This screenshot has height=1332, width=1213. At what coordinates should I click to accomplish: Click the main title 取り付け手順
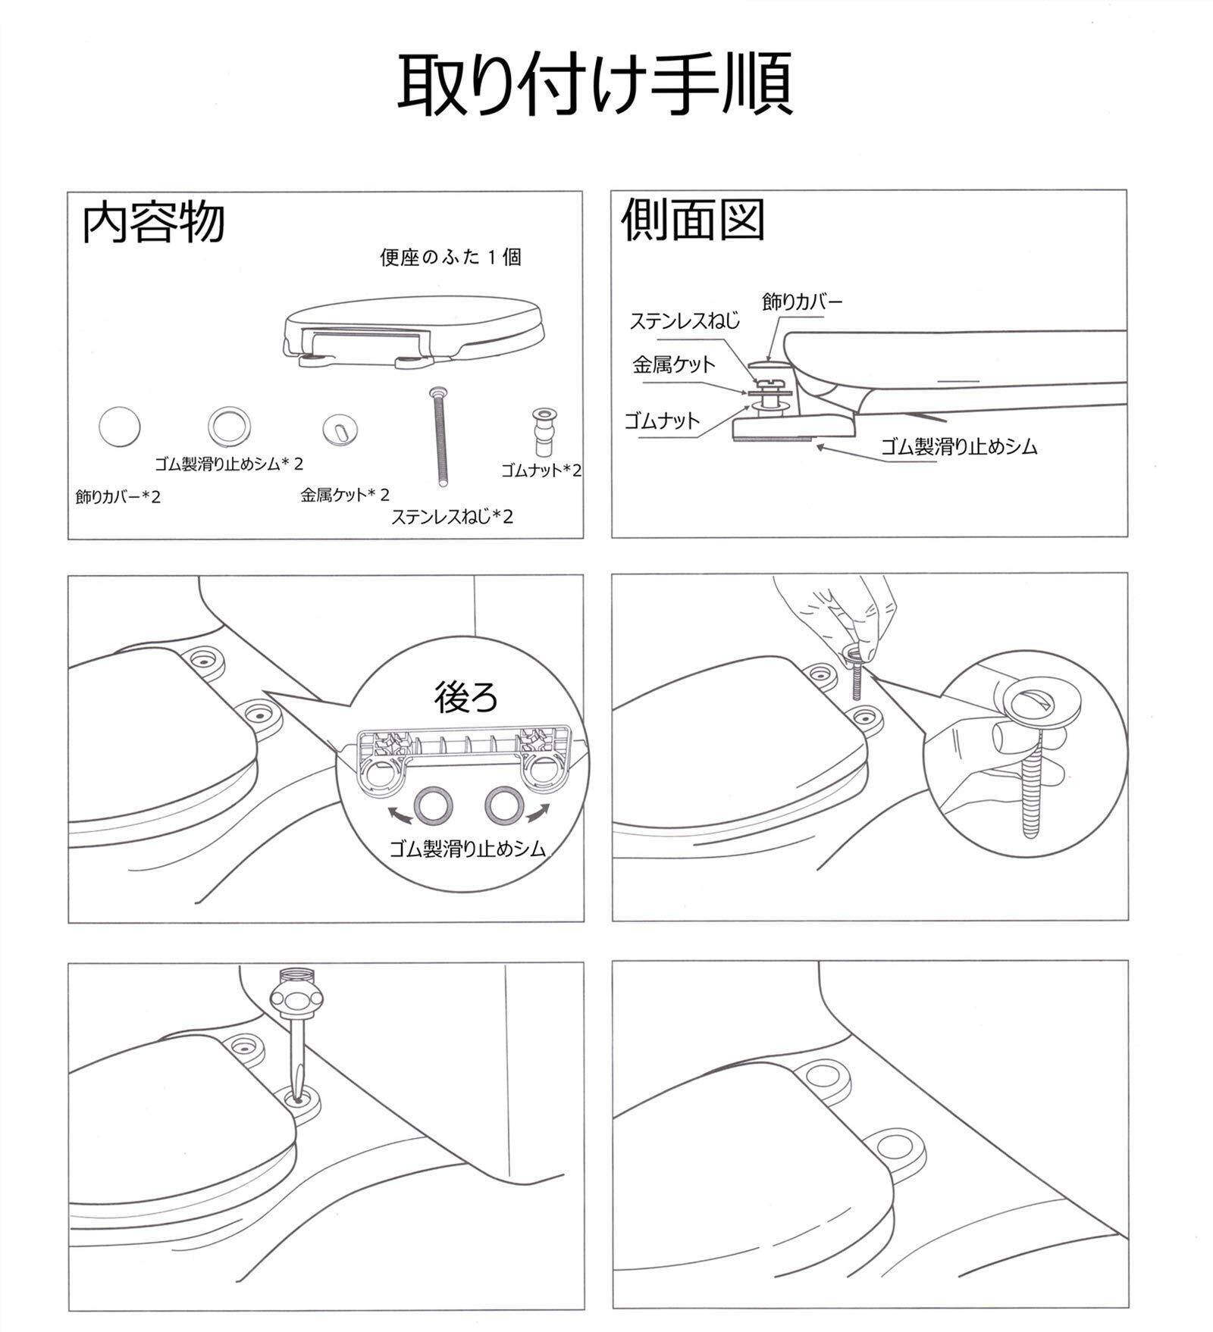[595, 84]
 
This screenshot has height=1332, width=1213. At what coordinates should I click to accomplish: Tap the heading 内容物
[153, 223]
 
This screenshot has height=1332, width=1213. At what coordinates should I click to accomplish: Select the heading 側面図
[693, 220]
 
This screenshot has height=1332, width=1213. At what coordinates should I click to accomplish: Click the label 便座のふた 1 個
[450, 258]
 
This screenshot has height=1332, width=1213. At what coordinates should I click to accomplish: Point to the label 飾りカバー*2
[118, 497]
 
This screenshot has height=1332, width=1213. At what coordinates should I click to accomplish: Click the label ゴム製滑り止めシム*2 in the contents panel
[228, 463]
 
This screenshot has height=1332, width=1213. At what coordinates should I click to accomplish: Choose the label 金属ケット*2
[345, 495]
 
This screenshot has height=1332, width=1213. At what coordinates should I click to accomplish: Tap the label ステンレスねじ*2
[452, 517]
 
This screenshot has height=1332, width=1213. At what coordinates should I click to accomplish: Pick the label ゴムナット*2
[541, 470]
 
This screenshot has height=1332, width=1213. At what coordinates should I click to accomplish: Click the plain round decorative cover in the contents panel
[120, 427]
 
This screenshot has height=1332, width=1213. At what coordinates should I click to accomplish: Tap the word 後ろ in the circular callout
[466, 696]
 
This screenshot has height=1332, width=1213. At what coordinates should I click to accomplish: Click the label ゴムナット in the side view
[661, 421]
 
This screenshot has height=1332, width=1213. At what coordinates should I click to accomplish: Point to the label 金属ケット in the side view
[674, 364]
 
